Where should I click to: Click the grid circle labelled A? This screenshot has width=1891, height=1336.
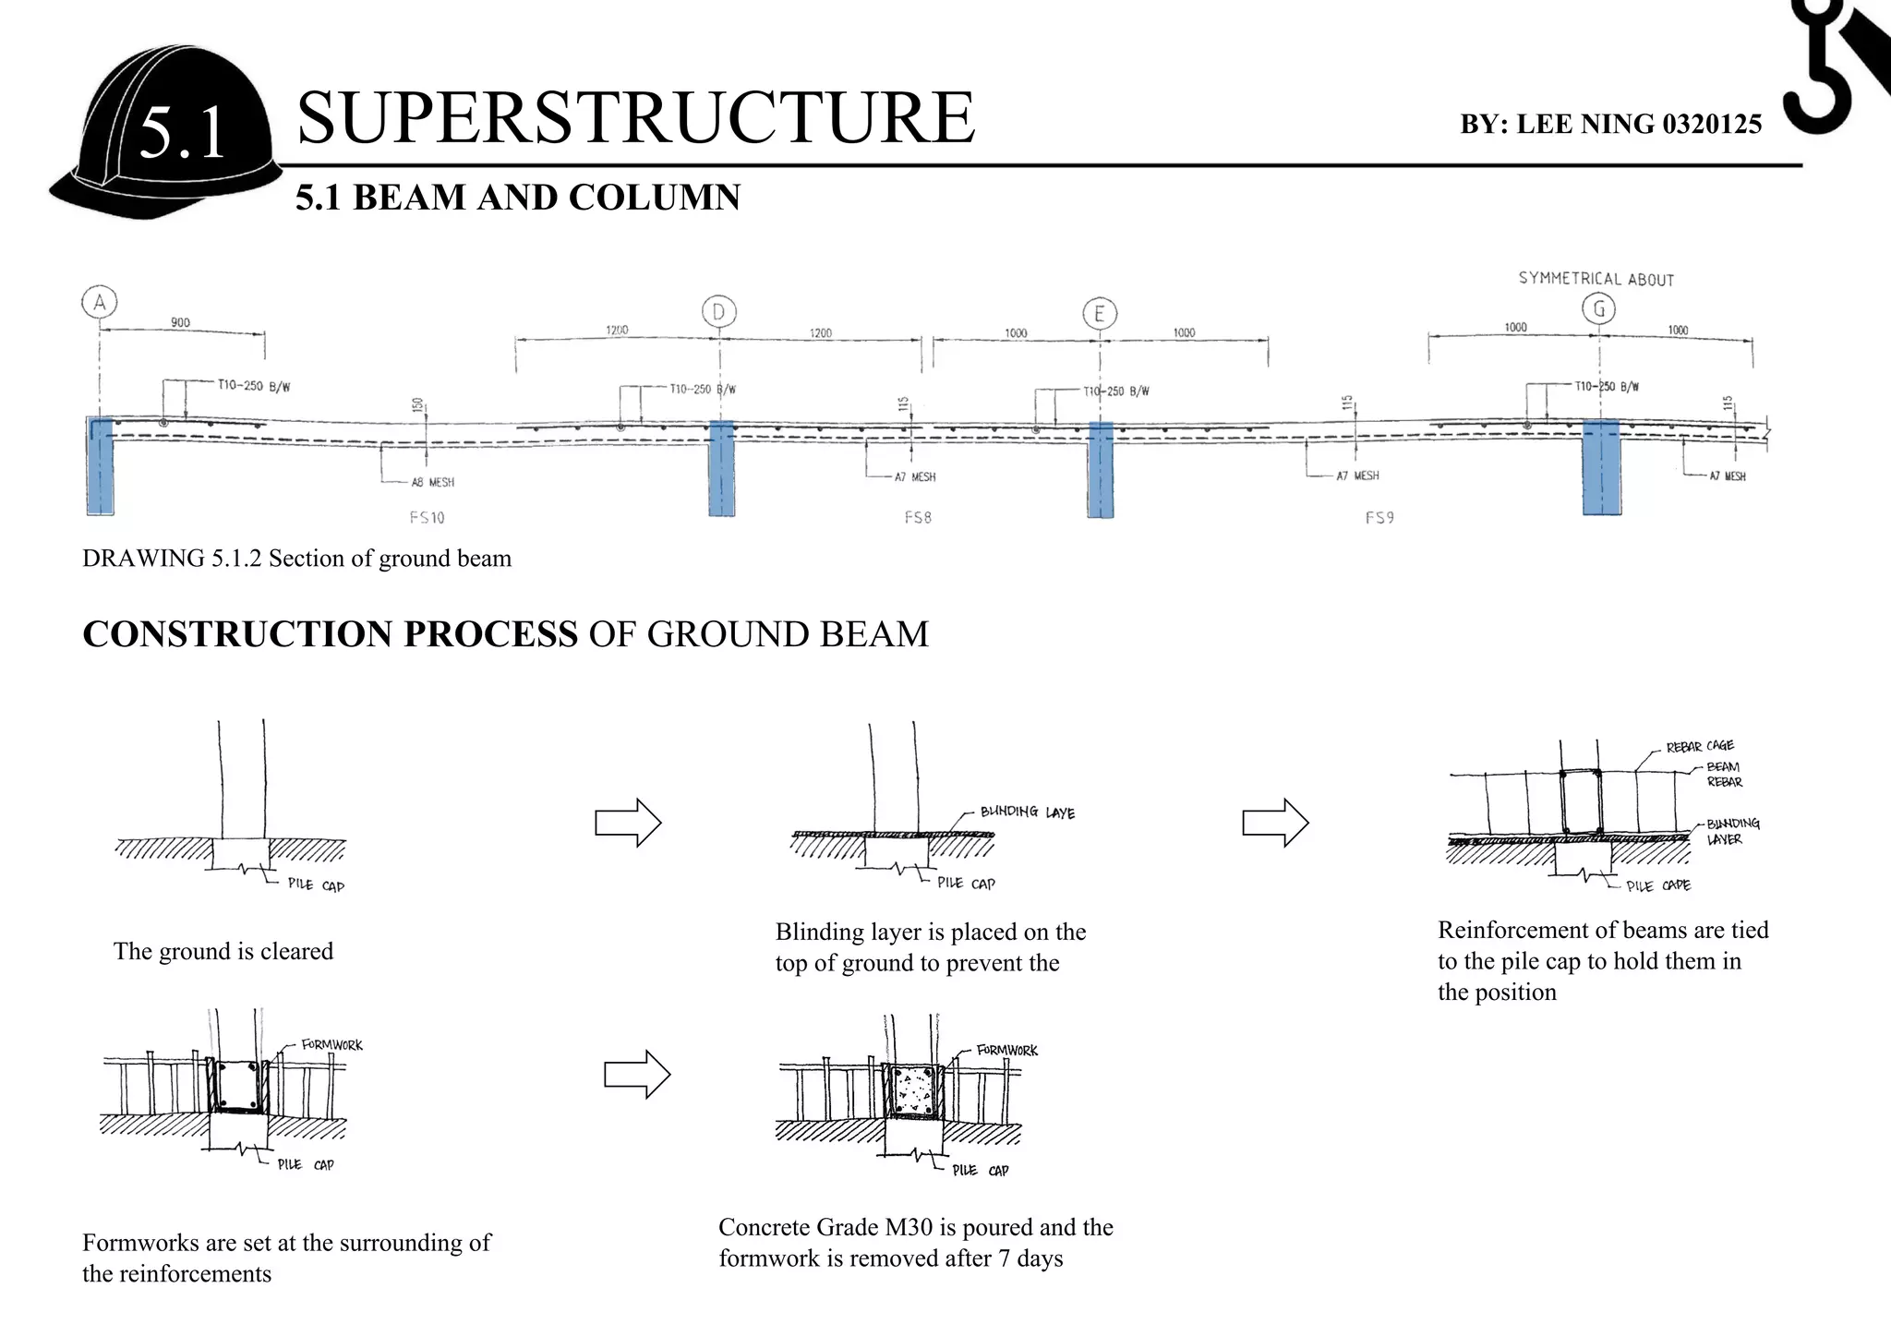click(x=99, y=302)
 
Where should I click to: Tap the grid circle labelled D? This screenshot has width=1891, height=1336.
click(x=718, y=311)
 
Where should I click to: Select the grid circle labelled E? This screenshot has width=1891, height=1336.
click(x=1099, y=314)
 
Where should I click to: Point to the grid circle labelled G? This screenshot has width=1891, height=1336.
click(x=1599, y=308)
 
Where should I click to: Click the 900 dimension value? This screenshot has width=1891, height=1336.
click(x=180, y=322)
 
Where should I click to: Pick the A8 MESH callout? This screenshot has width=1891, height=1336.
click(x=432, y=482)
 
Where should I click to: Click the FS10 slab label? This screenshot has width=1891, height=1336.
click(x=427, y=518)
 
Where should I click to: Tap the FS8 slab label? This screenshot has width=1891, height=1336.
click(x=918, y=518)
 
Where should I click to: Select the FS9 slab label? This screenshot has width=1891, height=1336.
click(x=1379, y=518)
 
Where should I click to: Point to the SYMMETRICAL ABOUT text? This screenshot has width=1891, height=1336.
click(x=1596, y=279)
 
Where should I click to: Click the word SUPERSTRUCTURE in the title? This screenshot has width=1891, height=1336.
click(x=635, y=118)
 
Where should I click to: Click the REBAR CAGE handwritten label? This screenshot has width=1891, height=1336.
click(x=1700, y=746)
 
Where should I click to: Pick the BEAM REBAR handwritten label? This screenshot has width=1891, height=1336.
click(x=1724, y=774)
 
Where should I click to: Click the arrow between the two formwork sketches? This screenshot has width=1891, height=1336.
click(x=637, y=1074)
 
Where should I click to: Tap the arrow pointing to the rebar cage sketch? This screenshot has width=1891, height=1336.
click(x=1275, y=822)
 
